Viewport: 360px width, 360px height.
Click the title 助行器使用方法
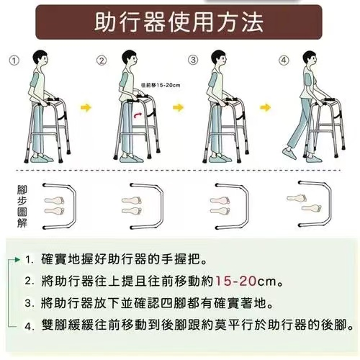tap(179, 22)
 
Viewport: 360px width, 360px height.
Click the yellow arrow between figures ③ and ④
tap(266, 109)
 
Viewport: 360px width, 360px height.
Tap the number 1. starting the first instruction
tap(29, 258)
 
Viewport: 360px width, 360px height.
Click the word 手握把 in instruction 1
tap(186, 258)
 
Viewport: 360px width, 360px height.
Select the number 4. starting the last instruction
tap(29, 325)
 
